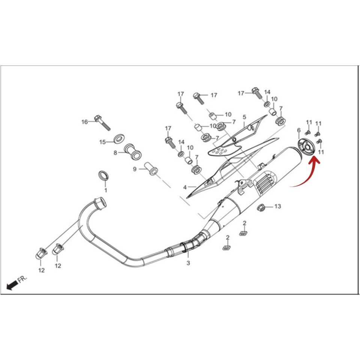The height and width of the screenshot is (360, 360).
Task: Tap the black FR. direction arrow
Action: [x=12, y=285]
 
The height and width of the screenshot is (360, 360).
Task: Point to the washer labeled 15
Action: [x=119, y=138]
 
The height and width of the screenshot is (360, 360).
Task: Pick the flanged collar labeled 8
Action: [x=132, y=151]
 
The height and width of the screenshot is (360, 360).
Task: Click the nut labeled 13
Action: [x=262, y=207]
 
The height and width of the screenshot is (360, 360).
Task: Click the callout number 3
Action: [x=188, y=263]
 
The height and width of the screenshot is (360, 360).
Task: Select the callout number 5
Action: [x=244, y=117]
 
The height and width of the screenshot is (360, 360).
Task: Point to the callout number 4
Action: [x=185, y=187]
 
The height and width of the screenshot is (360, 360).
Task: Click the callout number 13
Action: [x=278, y=206]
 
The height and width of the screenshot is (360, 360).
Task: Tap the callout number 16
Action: [x=85, y=122]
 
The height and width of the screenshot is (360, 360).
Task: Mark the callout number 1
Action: [x=106, y=190]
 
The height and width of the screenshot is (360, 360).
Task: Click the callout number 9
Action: [x=135, y=169]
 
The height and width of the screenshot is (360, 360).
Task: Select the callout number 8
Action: [x=115, y=153]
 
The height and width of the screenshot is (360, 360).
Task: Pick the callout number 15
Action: [x=102, y=142]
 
